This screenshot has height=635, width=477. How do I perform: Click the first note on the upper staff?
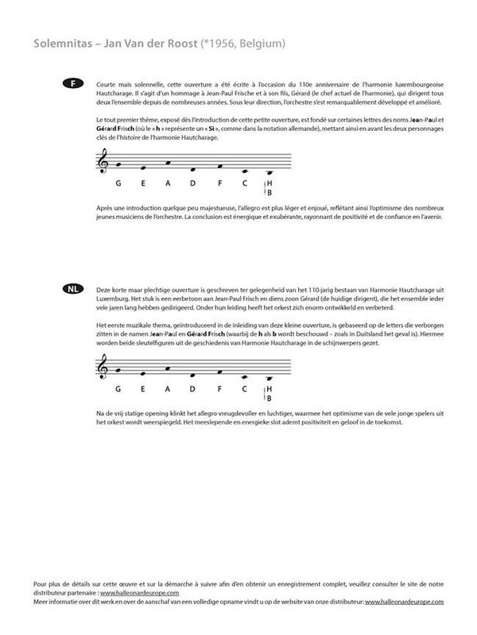[x=118, y=164]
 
